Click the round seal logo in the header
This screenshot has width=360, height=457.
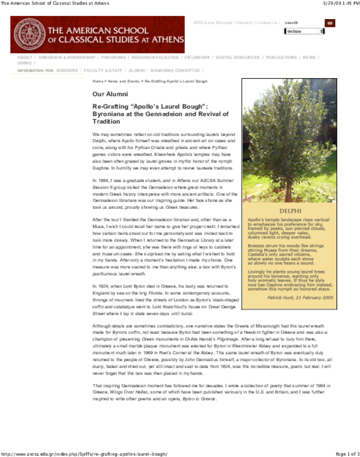28,34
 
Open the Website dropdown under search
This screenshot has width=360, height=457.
304,31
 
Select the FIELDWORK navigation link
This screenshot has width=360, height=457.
197,58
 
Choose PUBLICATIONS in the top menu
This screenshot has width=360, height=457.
281,58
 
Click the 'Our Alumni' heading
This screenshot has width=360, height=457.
109,94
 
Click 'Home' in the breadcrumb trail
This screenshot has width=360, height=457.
98,82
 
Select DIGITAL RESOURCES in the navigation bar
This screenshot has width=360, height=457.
237,58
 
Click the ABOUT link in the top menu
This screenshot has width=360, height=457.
25,58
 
